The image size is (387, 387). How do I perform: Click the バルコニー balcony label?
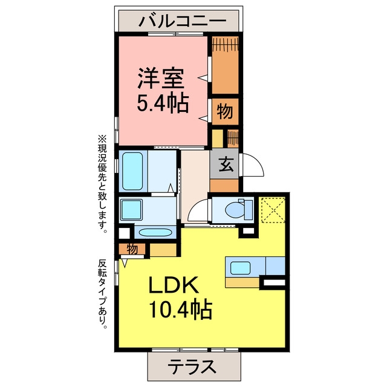click(182, 21)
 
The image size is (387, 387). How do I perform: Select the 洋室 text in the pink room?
click(161, 78)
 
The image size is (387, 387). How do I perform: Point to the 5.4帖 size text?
click(163, 103)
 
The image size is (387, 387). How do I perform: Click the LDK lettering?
click(174, 285)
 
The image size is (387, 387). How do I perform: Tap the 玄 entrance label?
click(226, 164)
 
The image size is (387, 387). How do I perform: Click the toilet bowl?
click(236, 210)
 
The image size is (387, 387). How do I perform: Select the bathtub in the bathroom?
click(132, 171)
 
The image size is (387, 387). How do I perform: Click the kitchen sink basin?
click(240, 268)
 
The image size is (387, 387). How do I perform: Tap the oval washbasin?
click(155, 232)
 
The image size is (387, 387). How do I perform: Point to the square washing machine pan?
click(131, 209)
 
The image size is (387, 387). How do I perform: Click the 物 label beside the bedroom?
click(224, 111)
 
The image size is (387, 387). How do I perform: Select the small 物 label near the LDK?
click(132, 249)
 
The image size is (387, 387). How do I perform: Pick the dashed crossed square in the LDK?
click(272, 210)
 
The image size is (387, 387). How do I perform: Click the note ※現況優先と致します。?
click(102, 184)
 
